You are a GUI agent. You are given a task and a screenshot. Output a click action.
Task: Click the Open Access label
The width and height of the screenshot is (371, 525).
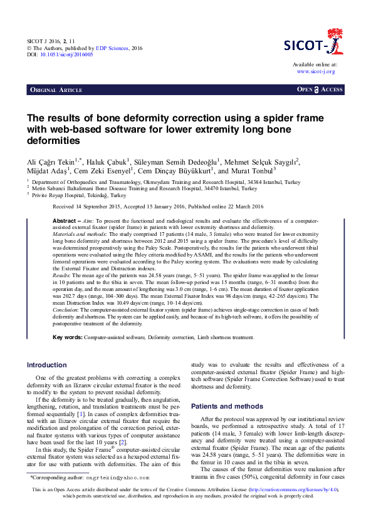[320, 90]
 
